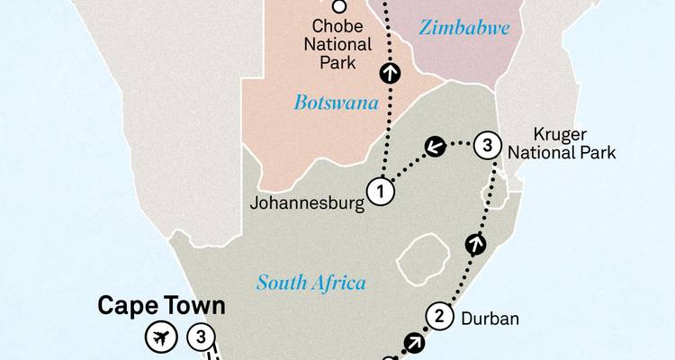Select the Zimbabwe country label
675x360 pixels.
coord(464,28)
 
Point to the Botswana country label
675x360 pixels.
coord(336,103)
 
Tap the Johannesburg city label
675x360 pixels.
coord(307,202)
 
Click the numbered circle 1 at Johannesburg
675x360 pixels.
coord(381,191)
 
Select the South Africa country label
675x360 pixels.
coord(311,283)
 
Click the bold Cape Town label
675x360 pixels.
coord(161,307)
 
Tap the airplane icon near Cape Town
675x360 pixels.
coord(160,338)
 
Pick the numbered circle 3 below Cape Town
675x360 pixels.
coord(202,338)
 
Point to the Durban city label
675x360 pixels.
coord(490,318)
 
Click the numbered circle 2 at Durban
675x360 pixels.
coord(439,315)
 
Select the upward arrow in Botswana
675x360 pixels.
coord(391,72)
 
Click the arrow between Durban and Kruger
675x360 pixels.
coord(475,242)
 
